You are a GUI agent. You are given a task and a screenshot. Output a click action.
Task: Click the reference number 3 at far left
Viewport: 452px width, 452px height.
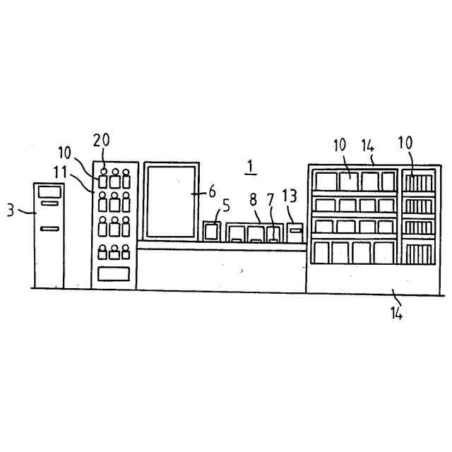11,210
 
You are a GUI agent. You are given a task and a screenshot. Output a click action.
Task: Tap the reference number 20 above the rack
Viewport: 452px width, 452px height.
101,141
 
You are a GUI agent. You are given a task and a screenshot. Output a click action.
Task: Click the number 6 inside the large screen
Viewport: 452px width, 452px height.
212,191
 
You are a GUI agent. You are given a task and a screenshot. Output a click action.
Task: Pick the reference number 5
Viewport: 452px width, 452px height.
225,207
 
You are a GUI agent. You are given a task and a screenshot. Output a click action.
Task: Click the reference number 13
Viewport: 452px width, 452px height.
290,196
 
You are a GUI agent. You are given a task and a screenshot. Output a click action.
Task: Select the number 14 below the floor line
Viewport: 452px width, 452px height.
398,311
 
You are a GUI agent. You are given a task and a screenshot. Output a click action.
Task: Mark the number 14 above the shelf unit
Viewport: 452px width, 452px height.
367,146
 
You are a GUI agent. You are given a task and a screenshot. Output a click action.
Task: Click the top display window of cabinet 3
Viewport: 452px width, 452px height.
49,191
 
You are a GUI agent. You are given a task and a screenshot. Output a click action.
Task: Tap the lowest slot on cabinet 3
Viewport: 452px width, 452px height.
49,228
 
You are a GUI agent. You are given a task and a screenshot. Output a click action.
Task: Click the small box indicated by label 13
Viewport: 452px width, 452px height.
295,232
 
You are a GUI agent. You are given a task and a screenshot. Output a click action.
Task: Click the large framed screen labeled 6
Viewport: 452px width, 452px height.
171,201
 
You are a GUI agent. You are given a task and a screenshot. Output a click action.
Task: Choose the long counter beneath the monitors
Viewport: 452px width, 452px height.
221,267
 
